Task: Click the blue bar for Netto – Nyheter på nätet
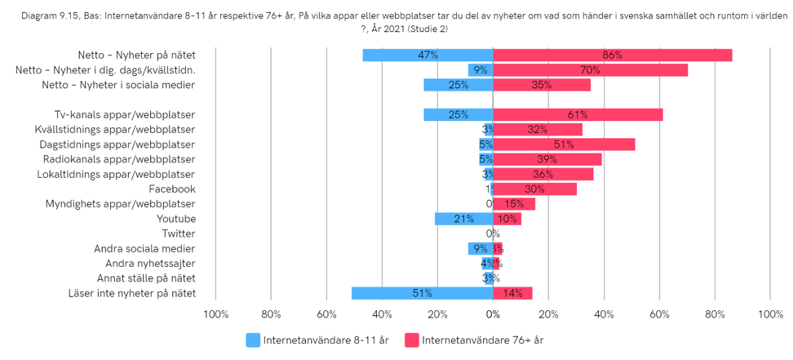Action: coord(428,56)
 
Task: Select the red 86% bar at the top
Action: coord(612,56)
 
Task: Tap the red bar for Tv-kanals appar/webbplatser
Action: coord(578,115)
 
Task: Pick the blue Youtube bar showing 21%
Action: coord(463,219)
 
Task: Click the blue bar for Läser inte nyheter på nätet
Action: coord(422,293)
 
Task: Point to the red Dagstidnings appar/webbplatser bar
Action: coord(564,144)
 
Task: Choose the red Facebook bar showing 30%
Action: coord(534,189)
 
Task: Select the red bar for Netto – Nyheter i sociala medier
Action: coord(542,85)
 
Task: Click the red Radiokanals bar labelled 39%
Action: coord(547,159)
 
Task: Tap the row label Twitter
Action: coord(179,233)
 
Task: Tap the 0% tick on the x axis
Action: coord(493,314)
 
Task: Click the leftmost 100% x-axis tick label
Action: coord(215,314)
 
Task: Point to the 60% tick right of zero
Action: coord(659,314)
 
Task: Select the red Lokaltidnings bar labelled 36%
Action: coord(543,174)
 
